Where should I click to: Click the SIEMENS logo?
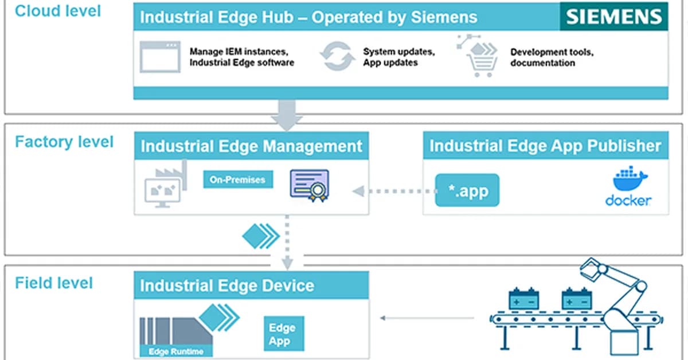pyautogui.click(x=613, y=16)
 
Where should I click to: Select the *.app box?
pyautogui.click(x=467, y=190)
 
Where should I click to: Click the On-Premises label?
pyautogui.click(x=237, y=179)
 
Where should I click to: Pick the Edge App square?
pyautogui.click(x=283, y=334)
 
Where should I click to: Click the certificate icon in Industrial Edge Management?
pyautogui.click(x=309, y=185)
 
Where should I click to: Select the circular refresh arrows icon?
pyautogui.click(x=337, y=57)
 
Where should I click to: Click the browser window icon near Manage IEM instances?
pyautogui.click(x=160, y=57)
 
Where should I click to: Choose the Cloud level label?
pyautogui.click(x=57, y=10)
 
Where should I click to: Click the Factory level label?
pyautogui.click(x=64, y=142)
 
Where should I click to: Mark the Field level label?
pyautogui.click(x=54, y=283)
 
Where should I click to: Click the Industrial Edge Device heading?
pyautogui.click(x=227, y=285)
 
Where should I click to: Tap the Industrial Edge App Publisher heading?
pyautogui.click(x=545, y=146)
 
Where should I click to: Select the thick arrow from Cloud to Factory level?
pyautogui.click(x=287, y=114)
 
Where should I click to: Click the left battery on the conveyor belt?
pyautogui.click(x=523, y=299)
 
